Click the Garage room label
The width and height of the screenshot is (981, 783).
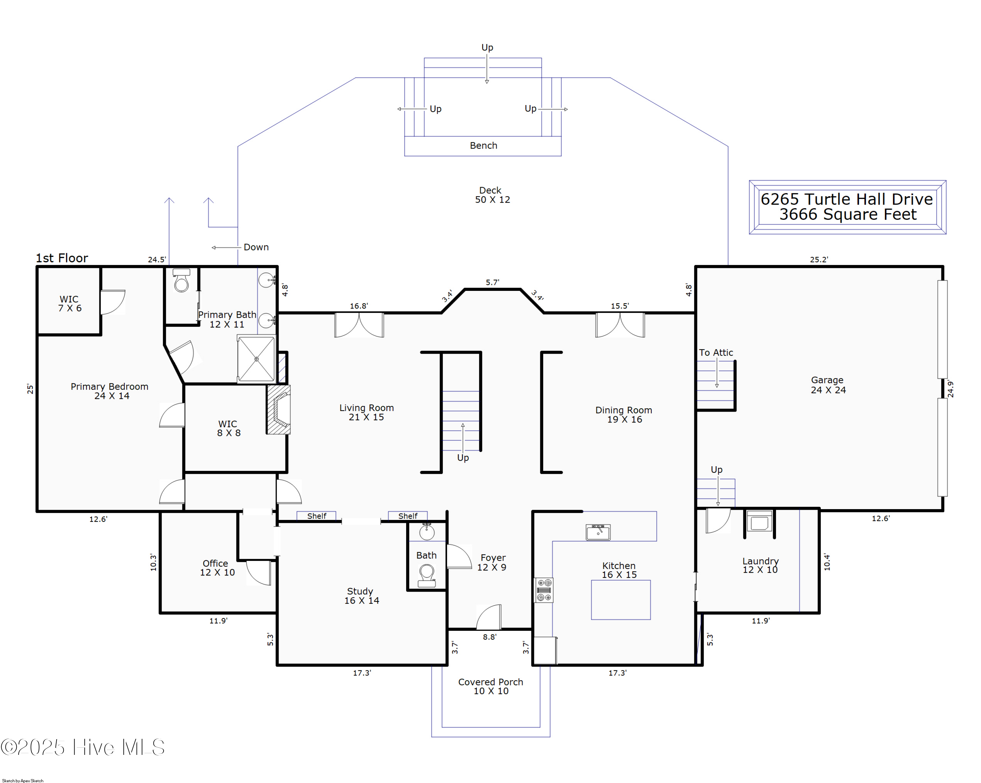(828, 385)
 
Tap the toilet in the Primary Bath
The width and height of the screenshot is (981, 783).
(181, 280)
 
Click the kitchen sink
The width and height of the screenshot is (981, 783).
(598, 532)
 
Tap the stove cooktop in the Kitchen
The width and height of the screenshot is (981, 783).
(544, 590)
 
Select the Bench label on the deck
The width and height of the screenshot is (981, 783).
(483, 146)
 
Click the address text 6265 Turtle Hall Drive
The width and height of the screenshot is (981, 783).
(847, 199)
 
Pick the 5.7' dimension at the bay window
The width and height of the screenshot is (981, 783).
(492, 282)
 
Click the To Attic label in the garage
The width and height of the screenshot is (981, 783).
(716, 353)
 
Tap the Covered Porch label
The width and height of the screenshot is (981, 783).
(490, 686)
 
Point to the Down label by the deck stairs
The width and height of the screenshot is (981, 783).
(256, 247)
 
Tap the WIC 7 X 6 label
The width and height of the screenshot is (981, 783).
(69, 304)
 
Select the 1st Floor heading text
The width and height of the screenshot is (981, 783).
(62, 258)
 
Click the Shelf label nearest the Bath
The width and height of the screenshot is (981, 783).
(408, 516)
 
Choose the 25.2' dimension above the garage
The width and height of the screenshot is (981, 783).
(818, 259)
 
